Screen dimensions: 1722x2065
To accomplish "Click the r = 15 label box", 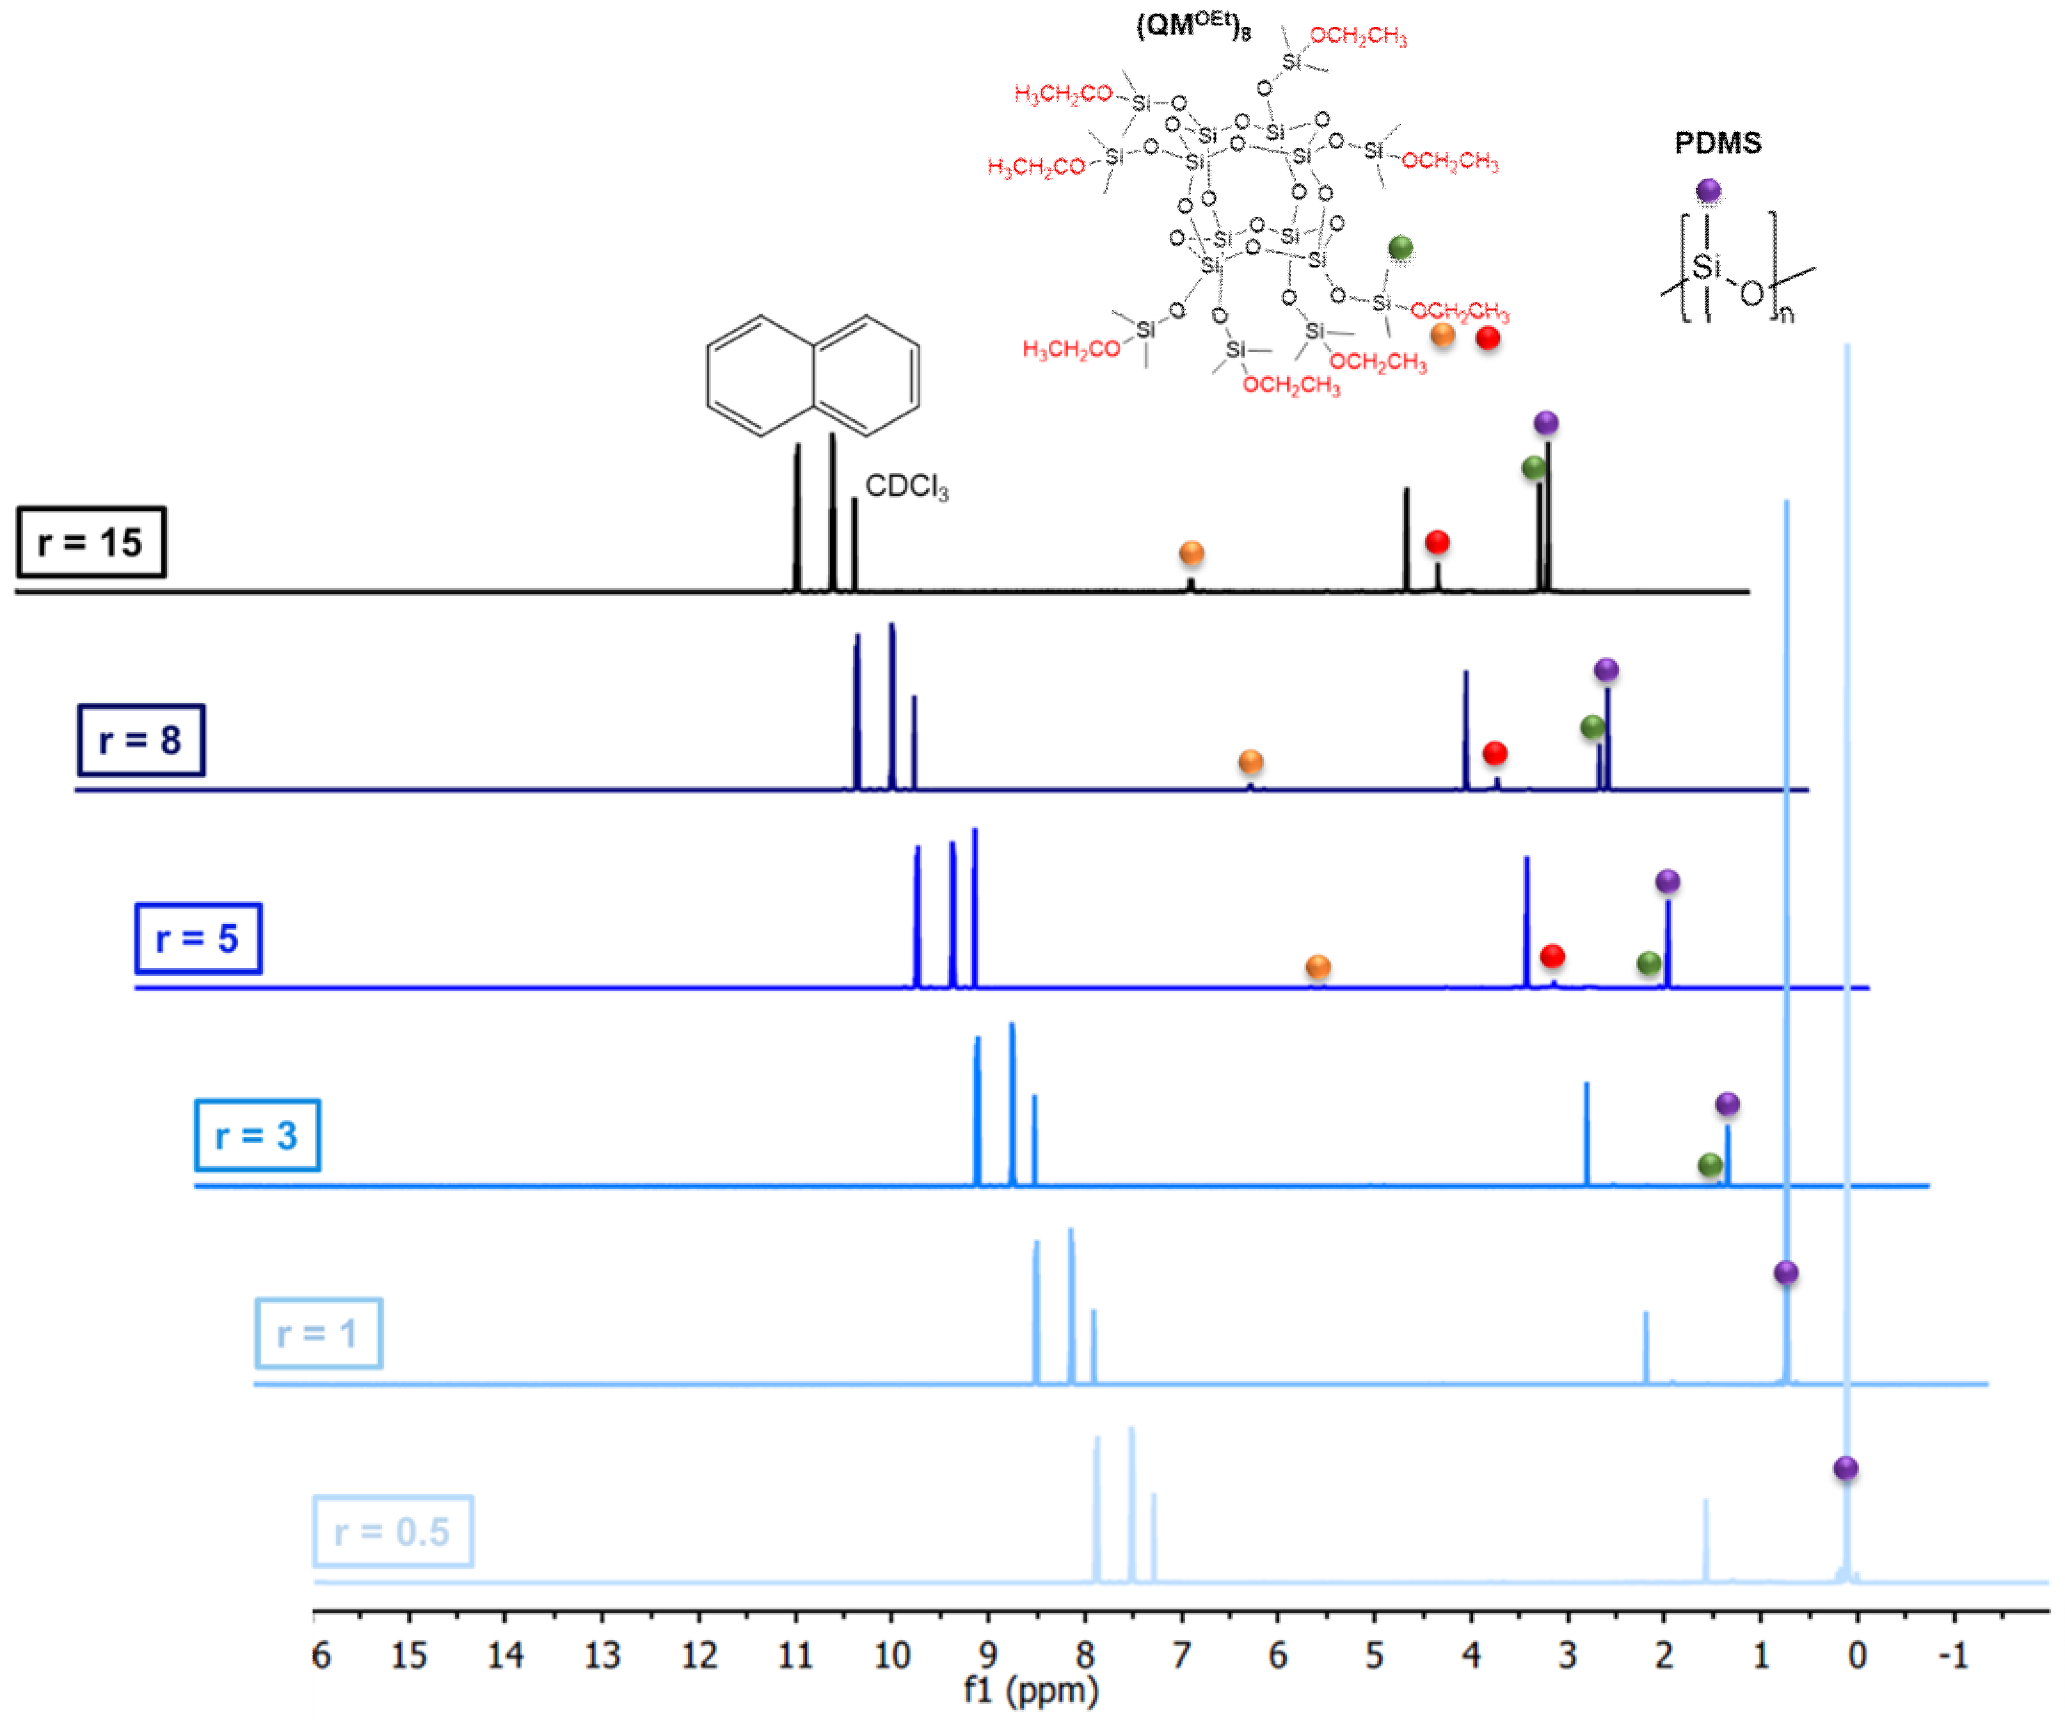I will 90,542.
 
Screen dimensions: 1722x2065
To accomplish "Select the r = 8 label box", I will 141,740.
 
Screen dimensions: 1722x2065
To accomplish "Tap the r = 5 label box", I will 198,938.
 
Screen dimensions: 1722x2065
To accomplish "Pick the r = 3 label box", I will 257,1136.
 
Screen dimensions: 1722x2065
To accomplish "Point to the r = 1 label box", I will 317,1334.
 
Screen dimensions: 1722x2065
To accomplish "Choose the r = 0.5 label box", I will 392,1531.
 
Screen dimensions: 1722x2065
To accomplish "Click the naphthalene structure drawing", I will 812,375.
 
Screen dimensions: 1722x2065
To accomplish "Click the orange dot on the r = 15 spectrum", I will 1191,554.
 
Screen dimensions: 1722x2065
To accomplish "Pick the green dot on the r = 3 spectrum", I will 1710,1165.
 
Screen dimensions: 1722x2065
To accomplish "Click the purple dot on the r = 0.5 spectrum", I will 1846,1468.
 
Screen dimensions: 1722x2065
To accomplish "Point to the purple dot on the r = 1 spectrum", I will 1786,1273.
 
